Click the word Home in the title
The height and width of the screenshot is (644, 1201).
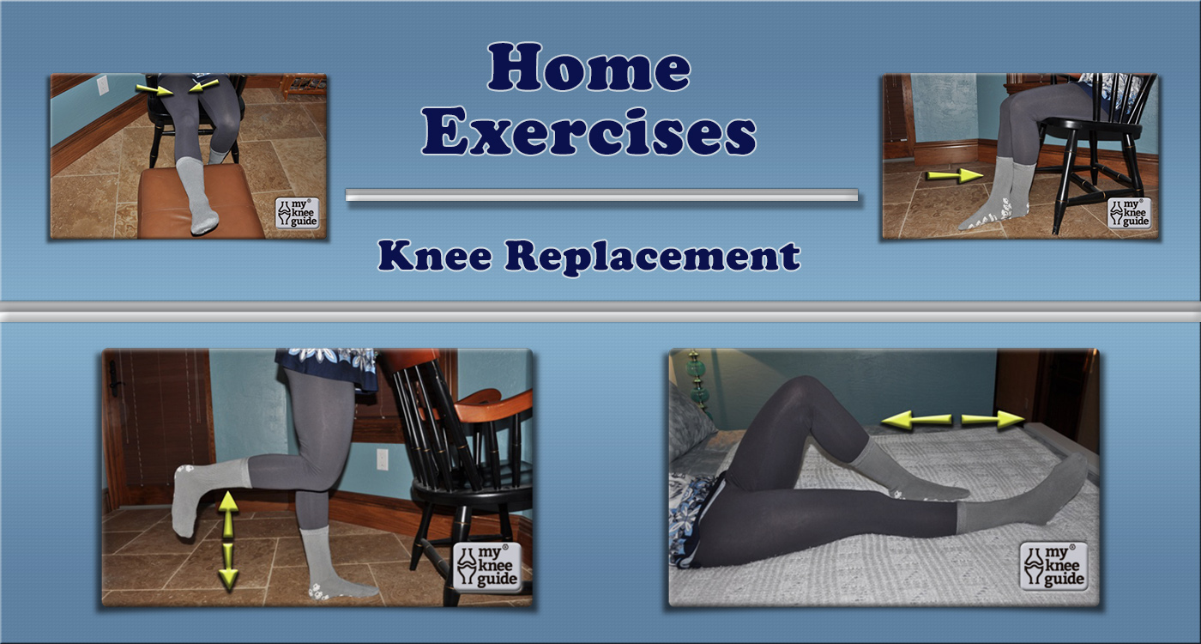(x=588, y=68)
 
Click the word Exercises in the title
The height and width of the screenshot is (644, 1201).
(x=588, y=133)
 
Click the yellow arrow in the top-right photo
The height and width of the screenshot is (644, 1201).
(x=953, y=176)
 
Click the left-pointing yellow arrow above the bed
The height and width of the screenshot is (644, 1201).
(x=916, y=420)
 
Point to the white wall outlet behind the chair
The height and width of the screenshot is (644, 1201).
(x=382, y=459)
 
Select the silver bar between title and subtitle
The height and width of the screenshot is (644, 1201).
(x=601, y=196)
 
